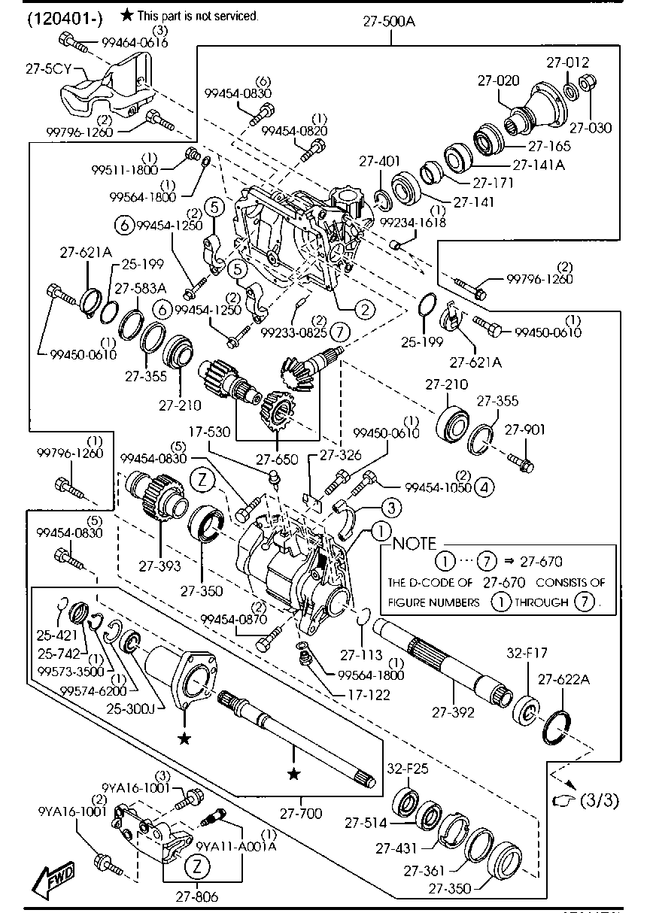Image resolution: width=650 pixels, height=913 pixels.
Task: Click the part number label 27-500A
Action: pyautogui.click(x=389, y=23)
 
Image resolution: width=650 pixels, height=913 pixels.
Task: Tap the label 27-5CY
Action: pyautogui.click(x=47, y=68)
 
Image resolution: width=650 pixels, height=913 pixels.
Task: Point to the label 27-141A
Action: pyautogui.click(x=539, y=164)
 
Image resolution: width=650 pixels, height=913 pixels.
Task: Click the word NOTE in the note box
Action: pyautogui.click(x=415, y=544)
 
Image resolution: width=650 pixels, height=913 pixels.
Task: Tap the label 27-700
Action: pyautogui.click(x=301, y=813)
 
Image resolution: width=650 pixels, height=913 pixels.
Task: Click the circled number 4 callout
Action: pyautogui.click(x=484, y=487)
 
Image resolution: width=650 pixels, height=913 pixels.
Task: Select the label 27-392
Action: pyautogui.click(x=454, y=712)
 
